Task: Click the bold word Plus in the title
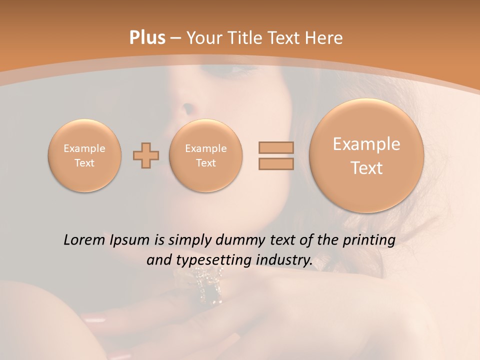click(147, 38)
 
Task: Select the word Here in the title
click(325, 38)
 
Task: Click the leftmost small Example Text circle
click(84, 155)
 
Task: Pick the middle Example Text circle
click(206, 155)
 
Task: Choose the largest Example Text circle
click(366, 155)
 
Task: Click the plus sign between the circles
click(146, 155)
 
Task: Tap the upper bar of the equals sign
click(276, 147)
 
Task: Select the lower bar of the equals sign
click(276, 163)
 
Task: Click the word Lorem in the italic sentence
click(83, 240)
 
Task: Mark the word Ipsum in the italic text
click(130, 240)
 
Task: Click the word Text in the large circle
click(366, 168)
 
